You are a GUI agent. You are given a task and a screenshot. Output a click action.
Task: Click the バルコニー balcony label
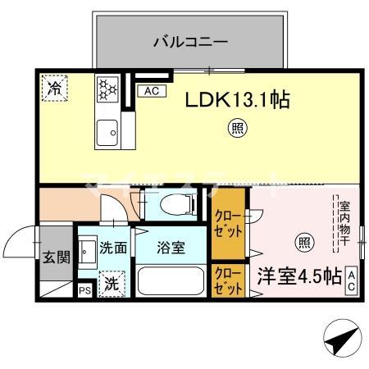tap(189, 40)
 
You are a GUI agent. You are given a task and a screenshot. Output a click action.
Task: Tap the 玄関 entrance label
tap(57, 257)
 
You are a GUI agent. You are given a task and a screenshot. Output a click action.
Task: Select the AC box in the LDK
tap(151, 91)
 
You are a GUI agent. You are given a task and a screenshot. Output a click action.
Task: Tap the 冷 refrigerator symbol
tap(55, 85)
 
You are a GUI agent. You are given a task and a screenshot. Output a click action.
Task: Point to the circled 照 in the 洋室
tap(303, 242)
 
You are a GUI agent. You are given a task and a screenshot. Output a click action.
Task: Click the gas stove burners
tap(107, 91)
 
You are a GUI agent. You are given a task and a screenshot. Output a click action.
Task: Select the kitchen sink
tap(107, 131)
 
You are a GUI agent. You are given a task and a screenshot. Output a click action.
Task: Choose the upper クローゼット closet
tap(228, 222)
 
